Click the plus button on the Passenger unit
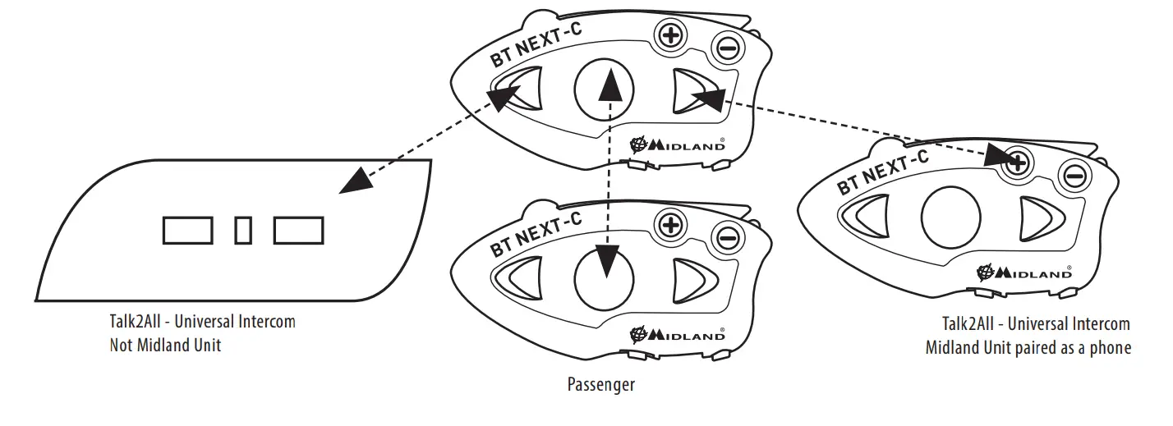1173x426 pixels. point(670,224)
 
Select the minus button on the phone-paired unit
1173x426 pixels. point(1074,175)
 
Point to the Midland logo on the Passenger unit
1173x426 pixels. point(677,335)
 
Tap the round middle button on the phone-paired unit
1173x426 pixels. point(950,218)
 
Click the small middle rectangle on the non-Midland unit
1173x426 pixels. point(243,230)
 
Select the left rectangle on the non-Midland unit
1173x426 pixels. point(188,230)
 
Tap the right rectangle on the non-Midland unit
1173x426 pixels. point(298,230)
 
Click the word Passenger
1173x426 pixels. point(601,384)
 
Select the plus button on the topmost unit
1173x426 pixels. point(670,34)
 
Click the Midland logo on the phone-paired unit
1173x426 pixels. point(1023,273)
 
